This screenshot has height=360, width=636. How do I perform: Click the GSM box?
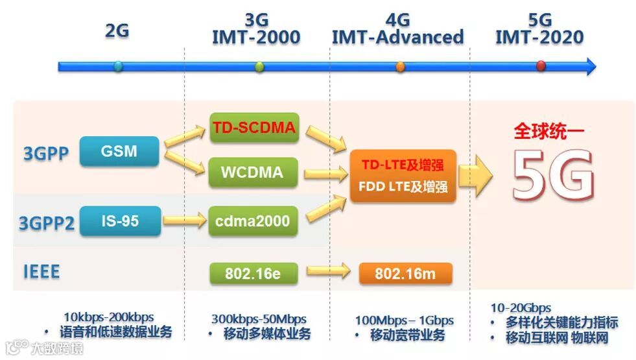point(119,151)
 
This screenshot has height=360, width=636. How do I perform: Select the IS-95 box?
point(120,221)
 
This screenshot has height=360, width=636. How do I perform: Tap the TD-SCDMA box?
point(253,128)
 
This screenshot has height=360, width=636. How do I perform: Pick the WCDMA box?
point(253,173)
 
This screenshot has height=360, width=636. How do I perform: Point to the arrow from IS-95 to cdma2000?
point(184,221)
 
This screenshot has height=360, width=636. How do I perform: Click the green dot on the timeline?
point(260,66)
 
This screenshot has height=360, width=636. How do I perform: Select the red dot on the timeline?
point(541,66)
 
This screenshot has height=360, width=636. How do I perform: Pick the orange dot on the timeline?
point(400,66)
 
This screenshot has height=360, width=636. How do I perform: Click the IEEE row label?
point(41,271)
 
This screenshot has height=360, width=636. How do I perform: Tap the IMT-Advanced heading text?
point(397,37)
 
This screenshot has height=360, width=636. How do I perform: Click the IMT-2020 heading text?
point(539,37)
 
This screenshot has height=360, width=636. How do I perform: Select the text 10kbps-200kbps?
point(109,317)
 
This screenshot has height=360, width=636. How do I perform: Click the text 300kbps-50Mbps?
point(259,319)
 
